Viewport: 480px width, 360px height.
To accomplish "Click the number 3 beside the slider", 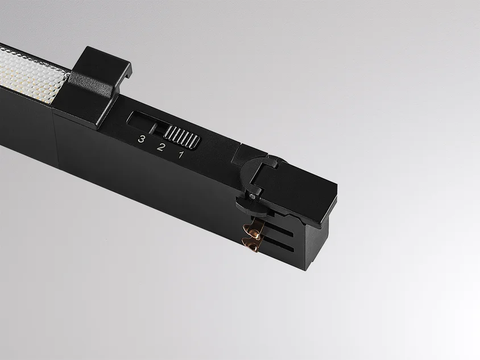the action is (x=141, y=139).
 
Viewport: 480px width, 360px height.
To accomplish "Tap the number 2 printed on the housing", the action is (x=160, y=147).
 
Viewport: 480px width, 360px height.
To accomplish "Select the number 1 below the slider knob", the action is (x=181, y=155).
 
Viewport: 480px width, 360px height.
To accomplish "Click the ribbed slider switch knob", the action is (x=182, y=137).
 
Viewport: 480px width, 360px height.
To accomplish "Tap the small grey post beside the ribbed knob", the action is (x=154, y=129).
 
